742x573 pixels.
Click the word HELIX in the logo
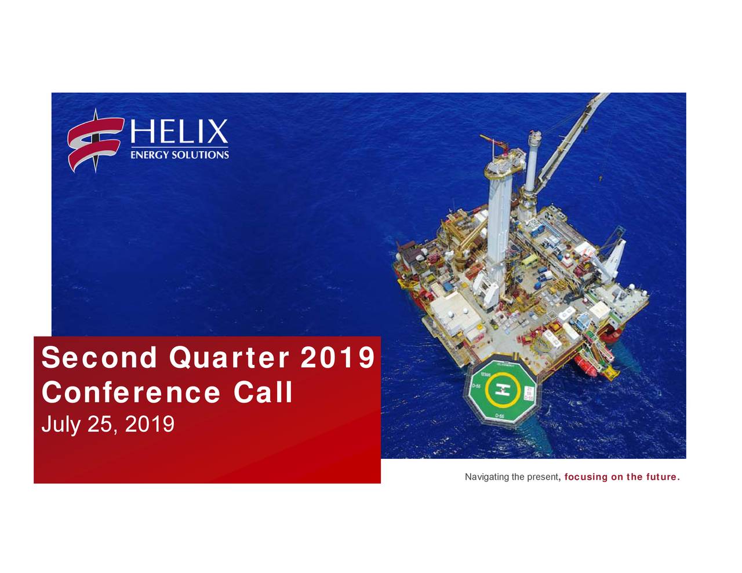click(x=179, y=132)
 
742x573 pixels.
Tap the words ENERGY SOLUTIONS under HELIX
click(x=179, y=155)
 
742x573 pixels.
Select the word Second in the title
click(x=99, y=357)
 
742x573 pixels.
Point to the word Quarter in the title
click(x=229, y=357)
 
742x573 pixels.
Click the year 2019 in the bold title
click(x=337, y=357)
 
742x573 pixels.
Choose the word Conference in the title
click(x=131, y=392)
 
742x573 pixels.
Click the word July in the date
click(x=60, y=425)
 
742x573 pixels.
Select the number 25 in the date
click(x=100, y=425)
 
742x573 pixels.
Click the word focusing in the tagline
click(x=585, y=477)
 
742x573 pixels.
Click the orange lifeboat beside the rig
click(x=585, y=365)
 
